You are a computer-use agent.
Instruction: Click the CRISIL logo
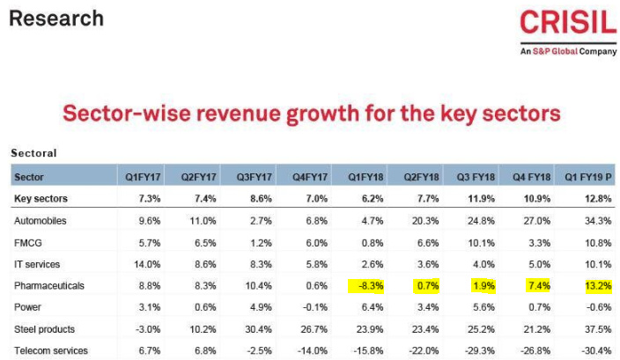point(567,23)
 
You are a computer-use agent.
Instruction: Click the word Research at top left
point(56,18)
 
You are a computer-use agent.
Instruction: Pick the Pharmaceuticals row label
point(51,285)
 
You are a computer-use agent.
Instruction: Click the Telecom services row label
point(51,351)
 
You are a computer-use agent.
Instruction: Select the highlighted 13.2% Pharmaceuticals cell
point(595,285)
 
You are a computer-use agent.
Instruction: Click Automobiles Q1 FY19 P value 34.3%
point(595,220)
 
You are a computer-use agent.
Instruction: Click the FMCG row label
point(29,242)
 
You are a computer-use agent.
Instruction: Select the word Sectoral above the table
point(33,153)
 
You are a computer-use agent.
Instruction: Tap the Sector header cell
point(30,177)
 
